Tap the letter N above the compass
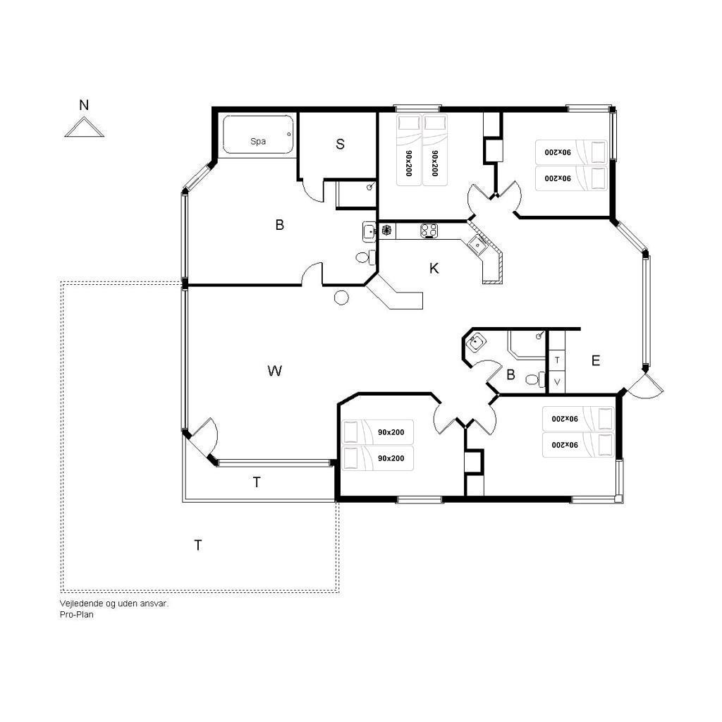point(84,105)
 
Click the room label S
point(341,144)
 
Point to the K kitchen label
point(434,269)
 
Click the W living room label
point(275,371)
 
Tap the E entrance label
point(595,360)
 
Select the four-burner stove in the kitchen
point(429,231)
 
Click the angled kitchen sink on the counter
point(477,246)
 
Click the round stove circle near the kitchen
point(341,298)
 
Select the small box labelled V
point(557,381)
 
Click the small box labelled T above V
point(557,360)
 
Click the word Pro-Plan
point(76,614)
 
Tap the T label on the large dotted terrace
point(198,545)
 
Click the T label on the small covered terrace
point(257,482)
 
